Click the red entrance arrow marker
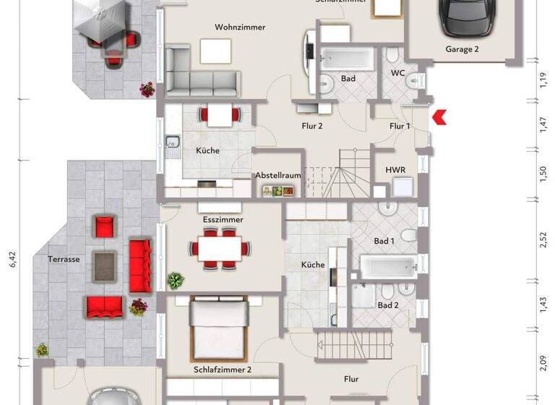438,117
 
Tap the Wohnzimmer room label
240,27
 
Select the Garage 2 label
462,50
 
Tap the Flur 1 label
400,126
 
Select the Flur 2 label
311,126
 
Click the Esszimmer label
223,219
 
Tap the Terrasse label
64,258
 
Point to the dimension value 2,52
543,239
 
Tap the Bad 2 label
387,305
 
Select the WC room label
397,73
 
